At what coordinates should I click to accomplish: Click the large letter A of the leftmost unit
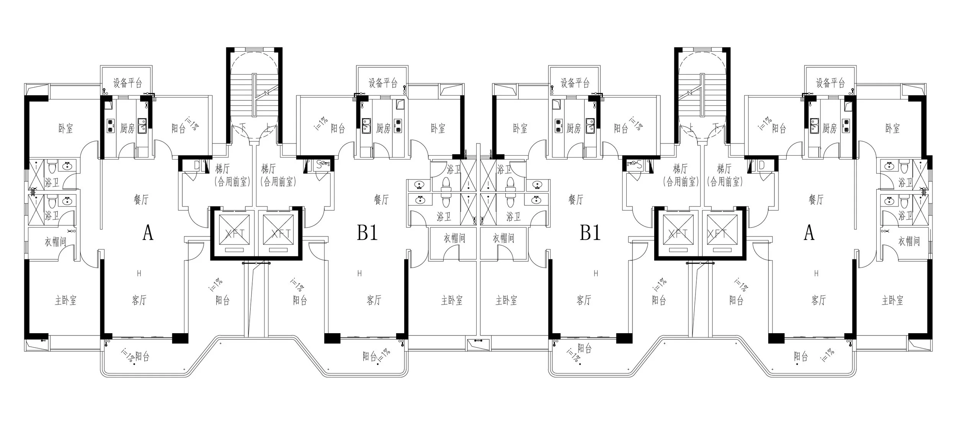click(x=148, y=233)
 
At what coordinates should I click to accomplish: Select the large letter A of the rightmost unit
click(x=809, y=233)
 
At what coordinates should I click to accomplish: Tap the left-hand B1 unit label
click(x=367, y=233)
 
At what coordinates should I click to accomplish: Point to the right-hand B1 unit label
click(x=590, y=233)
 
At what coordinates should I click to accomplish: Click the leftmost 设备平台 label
click(x=127, y=83)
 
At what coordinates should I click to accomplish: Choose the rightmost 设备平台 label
click(x=830, y=83)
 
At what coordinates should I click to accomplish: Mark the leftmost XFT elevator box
click(x=234, y=233)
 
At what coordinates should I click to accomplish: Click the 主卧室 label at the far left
click(x=65, y=300)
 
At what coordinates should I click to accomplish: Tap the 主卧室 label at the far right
click(x=892, y=300)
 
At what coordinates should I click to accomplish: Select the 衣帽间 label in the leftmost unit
click(x=55, y=242)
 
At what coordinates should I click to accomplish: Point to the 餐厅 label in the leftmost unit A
click(x=141, y=199)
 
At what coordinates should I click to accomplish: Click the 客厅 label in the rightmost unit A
click(x=818, y=300)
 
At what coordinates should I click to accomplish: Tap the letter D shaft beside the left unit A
click(x=196, y=165)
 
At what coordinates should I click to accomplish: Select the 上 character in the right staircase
click(x=691, y=126)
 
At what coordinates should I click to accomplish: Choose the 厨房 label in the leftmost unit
click(x=127, y=129)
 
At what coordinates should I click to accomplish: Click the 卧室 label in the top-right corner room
click(x=892, y=129)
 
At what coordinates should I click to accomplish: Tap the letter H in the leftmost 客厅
click(x=139, y=273)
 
